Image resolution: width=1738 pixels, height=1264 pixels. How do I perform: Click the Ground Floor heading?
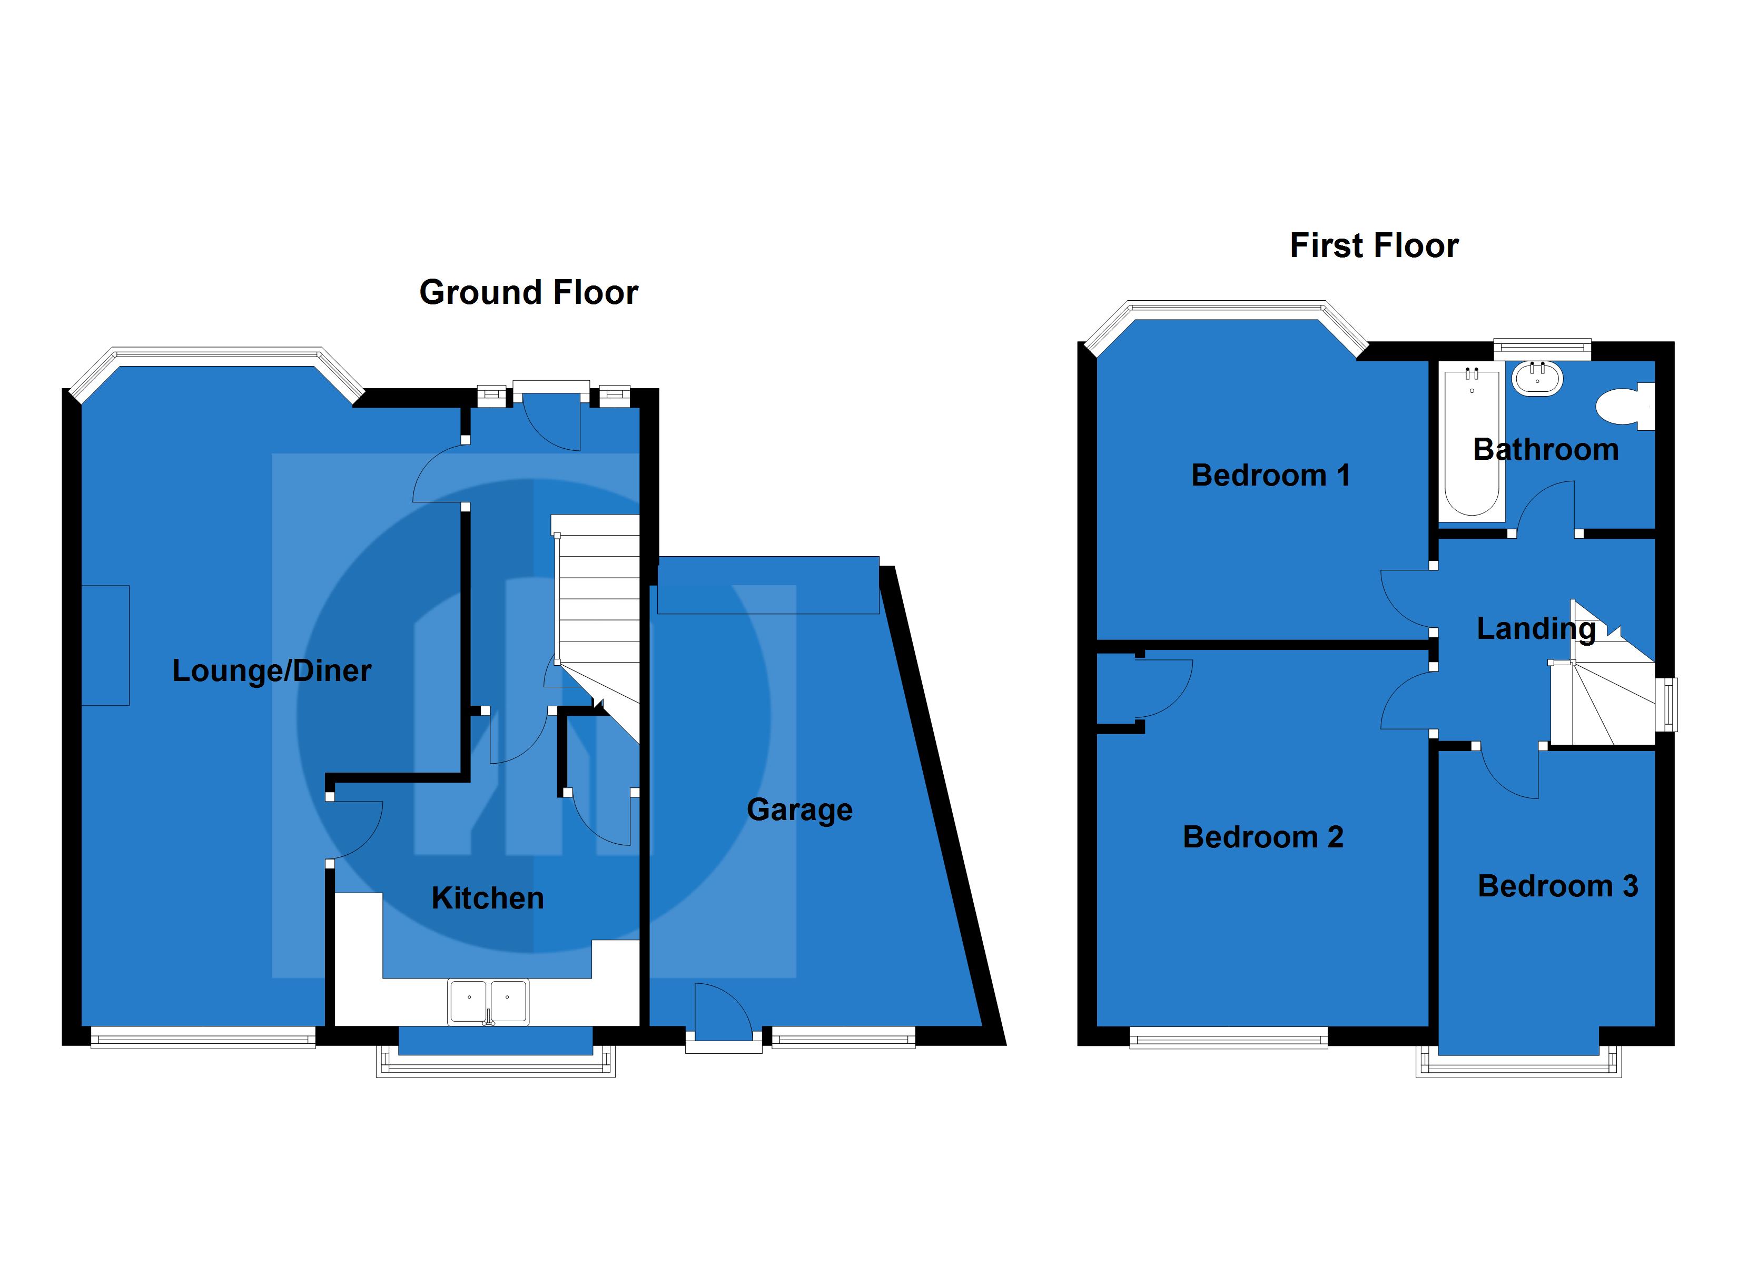click(x=528, y=293)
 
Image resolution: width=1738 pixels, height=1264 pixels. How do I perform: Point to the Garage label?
click(x=799, y=809)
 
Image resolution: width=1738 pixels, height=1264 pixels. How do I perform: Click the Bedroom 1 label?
click(x=1270, y=475)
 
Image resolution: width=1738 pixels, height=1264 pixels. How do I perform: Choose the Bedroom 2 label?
click(x=1263, y=837)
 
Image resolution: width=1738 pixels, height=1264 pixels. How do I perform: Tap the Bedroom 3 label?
click(x=1557, y=886)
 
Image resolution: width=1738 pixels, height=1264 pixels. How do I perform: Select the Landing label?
click(x=1536, y=628)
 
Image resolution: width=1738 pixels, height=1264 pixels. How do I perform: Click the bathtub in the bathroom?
click(x=1470, y=442)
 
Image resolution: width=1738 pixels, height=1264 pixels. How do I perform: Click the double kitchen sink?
click(x=488, y=1001)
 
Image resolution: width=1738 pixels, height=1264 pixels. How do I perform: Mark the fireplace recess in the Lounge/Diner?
click(x=106, y=645)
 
